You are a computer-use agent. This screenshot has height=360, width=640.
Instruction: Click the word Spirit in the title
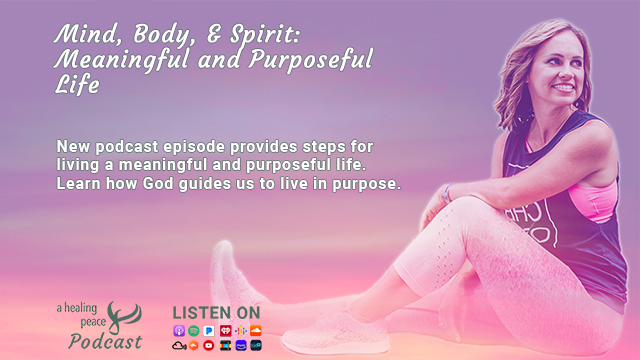[x=264, y=34]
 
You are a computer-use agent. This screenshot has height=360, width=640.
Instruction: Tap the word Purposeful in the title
[x=311, y=60]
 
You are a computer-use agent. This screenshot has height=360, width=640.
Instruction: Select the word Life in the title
[x=77, y=85]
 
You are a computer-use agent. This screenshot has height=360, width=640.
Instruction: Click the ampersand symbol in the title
[x=214, y=33]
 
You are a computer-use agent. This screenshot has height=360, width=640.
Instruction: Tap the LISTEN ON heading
[x=216, y=313]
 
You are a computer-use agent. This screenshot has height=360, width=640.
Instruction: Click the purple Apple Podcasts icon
[x=179, y=331]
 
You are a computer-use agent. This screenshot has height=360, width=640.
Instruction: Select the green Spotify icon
[x=193, y=331]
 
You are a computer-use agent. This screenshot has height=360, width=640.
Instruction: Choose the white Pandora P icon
[x=209, y=331]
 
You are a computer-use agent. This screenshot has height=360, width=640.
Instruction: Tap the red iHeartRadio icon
[x=225, y=331]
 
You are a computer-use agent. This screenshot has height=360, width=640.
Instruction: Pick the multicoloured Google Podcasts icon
[x=240, y=331]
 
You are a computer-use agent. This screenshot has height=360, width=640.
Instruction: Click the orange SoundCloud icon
[x=256, y=331]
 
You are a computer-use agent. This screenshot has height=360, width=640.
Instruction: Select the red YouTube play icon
[x=209, y=345]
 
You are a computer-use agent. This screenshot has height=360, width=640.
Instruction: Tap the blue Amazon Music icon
[x=241, y=345]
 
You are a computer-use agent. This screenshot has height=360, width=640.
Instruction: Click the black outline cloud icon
[x=179, y=346]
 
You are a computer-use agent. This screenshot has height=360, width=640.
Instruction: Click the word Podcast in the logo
[x=105, y=341]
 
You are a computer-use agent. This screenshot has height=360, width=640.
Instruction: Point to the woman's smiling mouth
[x=564, y=87]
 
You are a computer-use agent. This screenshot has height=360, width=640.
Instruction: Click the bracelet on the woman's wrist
[x=448, y=193]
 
